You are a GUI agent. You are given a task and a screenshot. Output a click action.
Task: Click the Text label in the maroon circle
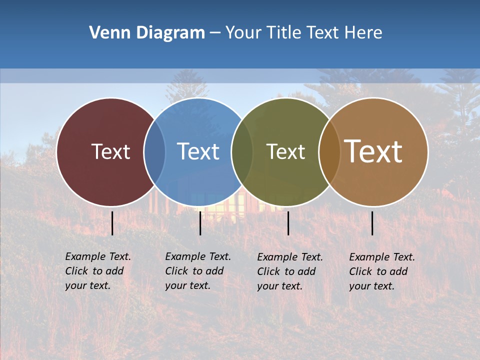[110, 151]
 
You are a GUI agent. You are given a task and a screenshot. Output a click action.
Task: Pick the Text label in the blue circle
[198, 151]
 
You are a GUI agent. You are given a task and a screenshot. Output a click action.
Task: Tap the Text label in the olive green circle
[285, 151]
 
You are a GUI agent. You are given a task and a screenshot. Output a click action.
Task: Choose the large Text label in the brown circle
[373, 151]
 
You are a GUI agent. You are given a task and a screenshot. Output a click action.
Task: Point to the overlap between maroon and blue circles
[154, 151]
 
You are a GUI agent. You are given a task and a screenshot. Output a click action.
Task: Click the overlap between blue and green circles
[242, 151]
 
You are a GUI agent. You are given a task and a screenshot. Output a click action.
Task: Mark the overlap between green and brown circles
[329, 151]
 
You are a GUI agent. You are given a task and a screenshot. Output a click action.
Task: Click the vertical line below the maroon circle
[112, 223]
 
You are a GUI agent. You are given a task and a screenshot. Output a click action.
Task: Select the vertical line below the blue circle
[200, 223]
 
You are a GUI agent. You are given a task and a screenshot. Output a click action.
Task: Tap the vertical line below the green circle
[288, 223]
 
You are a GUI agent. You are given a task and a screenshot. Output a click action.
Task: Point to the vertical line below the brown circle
[372, 223]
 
